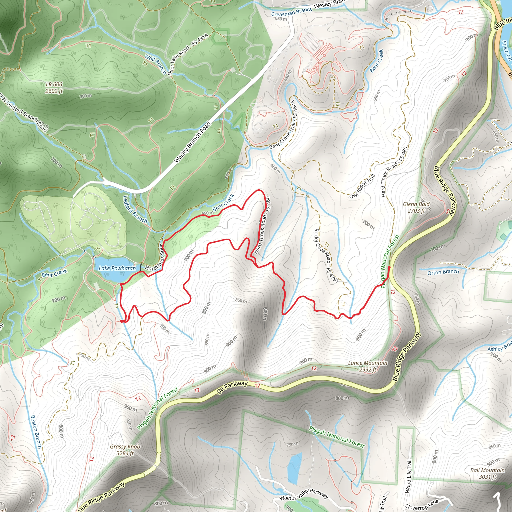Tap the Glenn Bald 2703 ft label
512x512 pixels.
pyautogui.click(x=416, y=207)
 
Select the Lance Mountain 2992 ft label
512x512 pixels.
pyautogui.click(x=367, y=366)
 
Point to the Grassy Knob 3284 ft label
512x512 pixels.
pyautogui.click(x=125, y=450)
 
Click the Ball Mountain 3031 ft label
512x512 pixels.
pyautogui.click(x=487, y=473)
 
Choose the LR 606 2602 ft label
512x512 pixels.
pyautogui.click(x=54, y=87)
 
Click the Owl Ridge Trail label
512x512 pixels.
pyautogui.click(x=362, y=186)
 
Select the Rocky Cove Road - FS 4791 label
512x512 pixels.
pyautogui.click(x=326, y=255)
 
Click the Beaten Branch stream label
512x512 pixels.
pyautogui.click(x=36, y=432)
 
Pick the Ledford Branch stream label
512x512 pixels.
pyautogui.click(x=135, y=209)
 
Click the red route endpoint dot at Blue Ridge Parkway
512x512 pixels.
pyautogui.click(x=389, y=268)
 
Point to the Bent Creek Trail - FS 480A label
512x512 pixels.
pyautogui.click(x=283, y=125)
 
